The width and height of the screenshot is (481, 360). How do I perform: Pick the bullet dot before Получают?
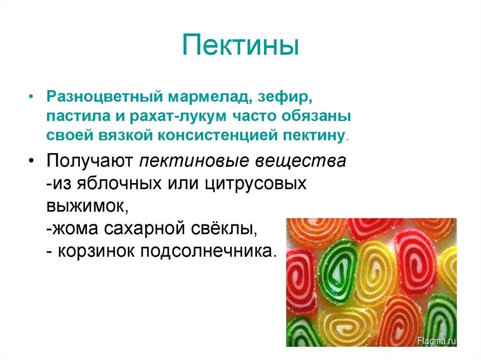pyautogui.click(x=31, y=161)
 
